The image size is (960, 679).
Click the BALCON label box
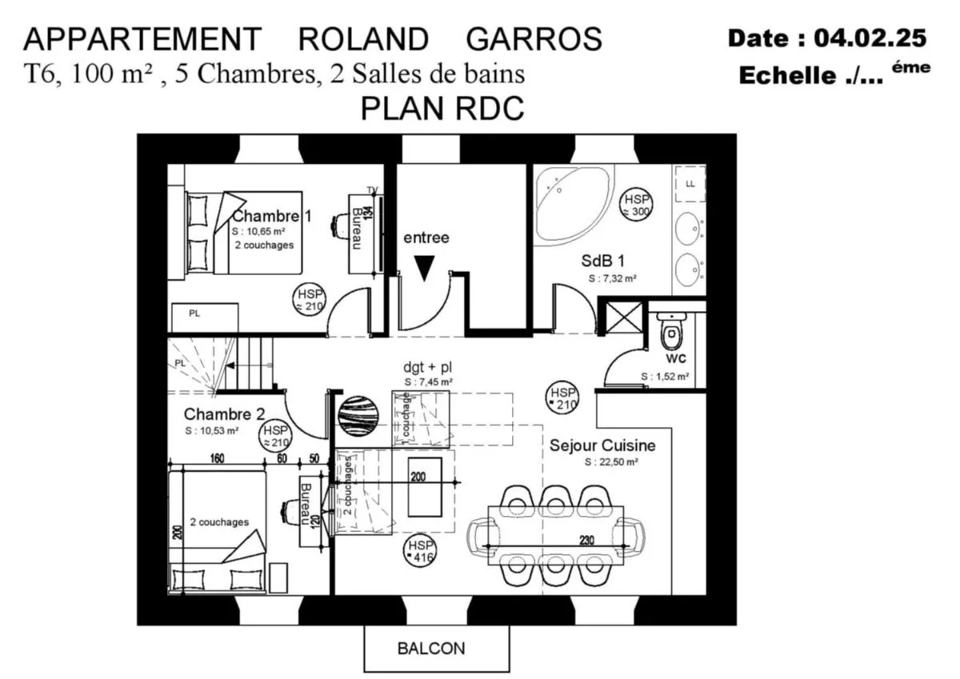coord(436,648)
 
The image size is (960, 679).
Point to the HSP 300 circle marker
coord(637,206)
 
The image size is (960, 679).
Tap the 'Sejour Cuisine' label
coord(602,445)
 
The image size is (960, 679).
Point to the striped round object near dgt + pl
coord(354,415)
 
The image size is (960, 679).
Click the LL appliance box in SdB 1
coord(690,184)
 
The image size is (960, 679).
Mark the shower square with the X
coord(622,318)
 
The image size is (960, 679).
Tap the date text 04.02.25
coord(870,38)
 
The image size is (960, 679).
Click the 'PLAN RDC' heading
coord(442,108)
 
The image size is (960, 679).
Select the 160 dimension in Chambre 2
coord(215,459)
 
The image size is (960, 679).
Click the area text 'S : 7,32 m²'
coord(612,279)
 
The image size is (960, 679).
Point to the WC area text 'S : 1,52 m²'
coord(665,377)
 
